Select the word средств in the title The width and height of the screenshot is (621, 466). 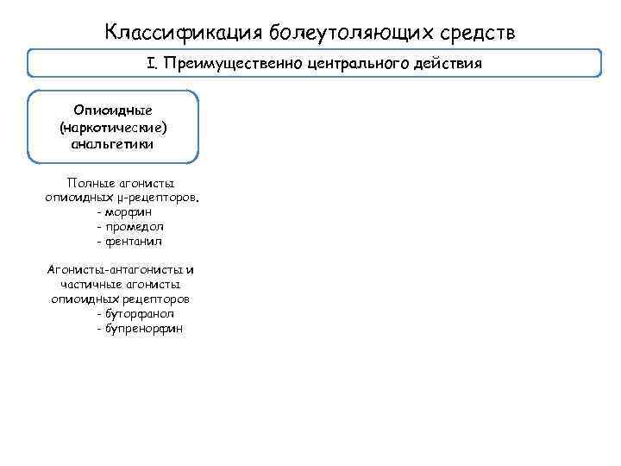pyautogui.click(x=479, y=33)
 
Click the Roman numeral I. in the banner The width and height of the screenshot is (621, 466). pyautogui.click(x=152, y=64)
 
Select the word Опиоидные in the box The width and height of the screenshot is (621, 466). pyautogui.click(x=113, y=111)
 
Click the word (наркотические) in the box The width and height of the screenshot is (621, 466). pyautogui.click(x=113, y=128)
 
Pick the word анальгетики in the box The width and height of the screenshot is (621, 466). pyautogui.click(x=113, y=144)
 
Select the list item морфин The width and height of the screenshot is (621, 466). pyautogui.click(x=130, y=211)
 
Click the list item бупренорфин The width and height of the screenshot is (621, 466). pyautogui.click(x=144, y=328)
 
